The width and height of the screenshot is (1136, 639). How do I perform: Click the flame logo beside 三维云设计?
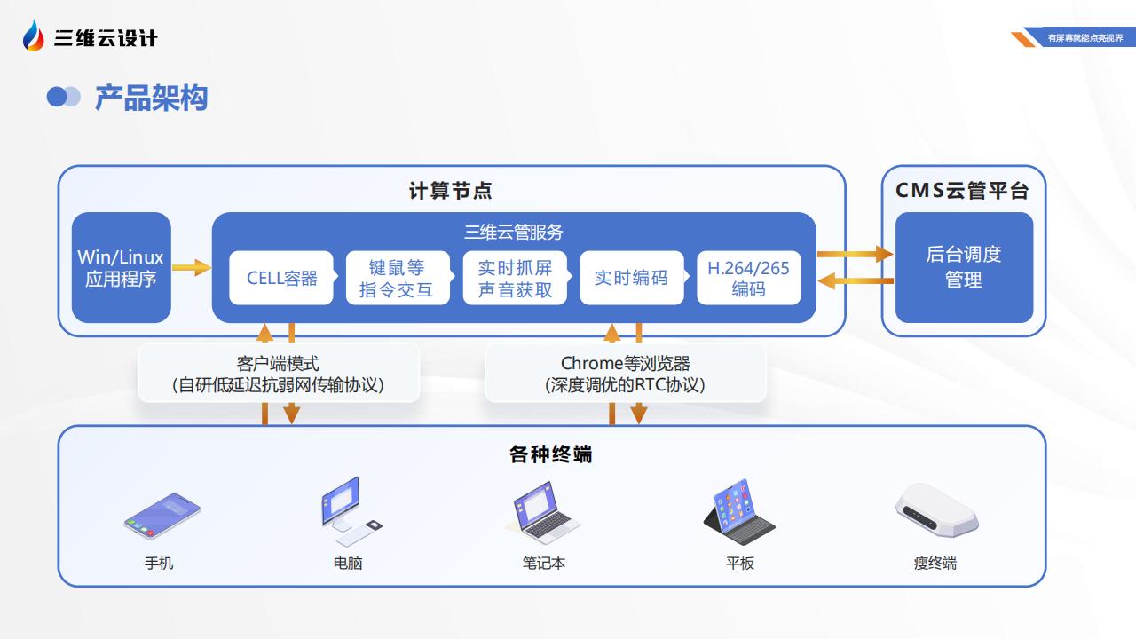(34, 35)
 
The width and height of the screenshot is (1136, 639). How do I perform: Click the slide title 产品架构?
(151, 98)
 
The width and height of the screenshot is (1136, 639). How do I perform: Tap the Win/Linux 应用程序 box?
(122, 267)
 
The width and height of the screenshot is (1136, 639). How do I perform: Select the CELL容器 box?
(281, 278)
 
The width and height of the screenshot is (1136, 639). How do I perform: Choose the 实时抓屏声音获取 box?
(515, 278)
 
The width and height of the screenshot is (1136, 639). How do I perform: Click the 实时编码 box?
(632, 278)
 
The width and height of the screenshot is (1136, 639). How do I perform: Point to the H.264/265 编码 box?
(748, 278)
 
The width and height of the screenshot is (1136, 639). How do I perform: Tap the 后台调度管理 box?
(964, 267)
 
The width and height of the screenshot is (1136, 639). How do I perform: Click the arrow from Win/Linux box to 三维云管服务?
(192, 267)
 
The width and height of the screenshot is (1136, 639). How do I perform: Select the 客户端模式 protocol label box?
(279, 374)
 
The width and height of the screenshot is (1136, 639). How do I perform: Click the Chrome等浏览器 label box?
(626, 374)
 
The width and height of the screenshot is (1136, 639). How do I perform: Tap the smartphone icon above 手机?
(162, 516)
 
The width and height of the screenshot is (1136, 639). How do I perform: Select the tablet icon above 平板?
(738, 512)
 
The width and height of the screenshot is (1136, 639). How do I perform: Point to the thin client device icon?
(936, 510)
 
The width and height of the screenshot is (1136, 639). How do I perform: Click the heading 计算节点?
(450, 191)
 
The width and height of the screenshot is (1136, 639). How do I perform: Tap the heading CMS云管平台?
(962, 191)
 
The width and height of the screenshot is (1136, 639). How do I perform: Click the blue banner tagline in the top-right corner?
(1085, 37)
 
